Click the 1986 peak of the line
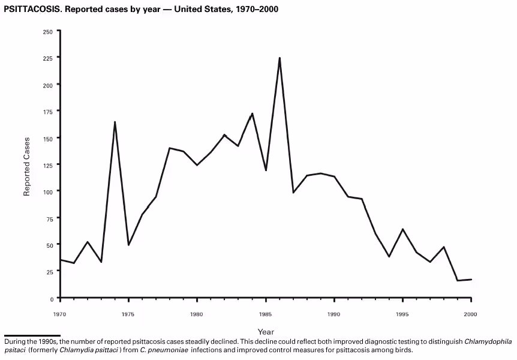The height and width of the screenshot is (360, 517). tap(279, 58)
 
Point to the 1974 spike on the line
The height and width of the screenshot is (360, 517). tap(115, 122)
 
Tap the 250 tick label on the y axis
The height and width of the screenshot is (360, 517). tap(48, 31)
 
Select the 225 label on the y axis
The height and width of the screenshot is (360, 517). tap(48, 58)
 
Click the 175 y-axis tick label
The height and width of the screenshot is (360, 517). tap(48, 111)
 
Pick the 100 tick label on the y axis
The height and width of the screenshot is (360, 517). tap(48, 191)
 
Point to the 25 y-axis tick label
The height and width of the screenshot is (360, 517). tap(49, 272)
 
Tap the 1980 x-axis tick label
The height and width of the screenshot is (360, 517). tap(197, 313)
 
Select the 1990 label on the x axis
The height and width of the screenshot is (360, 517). tap(334, 313)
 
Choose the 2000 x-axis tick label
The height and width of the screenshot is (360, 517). tap(471, 313)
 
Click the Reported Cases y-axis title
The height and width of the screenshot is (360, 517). tap(27, 166)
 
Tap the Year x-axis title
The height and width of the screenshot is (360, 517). tap(266, 332)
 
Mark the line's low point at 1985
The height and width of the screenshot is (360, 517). tap(266, 170)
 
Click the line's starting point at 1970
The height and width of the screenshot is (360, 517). tap(60, 260)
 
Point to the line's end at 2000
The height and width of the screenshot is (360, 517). tap(471, 280)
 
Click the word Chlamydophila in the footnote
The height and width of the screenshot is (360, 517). tap(488, 341)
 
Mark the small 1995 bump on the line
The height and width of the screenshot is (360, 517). tap(402, 229)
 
